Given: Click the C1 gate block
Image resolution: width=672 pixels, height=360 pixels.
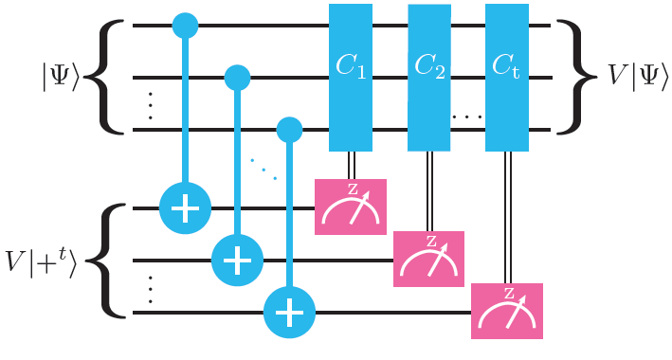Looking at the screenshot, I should click(350, 76).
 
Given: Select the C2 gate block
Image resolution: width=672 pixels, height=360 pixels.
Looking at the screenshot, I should click(429, 76).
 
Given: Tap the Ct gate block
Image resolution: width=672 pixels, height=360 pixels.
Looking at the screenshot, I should click(506, 76).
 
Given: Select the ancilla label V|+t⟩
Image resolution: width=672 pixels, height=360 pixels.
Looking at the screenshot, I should click(47, 258).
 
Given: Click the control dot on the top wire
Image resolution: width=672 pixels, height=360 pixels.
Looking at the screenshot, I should click(185, 27).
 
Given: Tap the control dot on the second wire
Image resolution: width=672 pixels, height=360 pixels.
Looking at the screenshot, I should click(237, 76).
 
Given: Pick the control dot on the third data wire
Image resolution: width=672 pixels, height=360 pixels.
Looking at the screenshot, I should click(289, 126).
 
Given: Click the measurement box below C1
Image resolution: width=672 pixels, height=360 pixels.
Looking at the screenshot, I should click(351, 207).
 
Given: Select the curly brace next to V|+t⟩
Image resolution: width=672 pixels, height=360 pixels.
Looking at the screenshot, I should click(110, 258).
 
